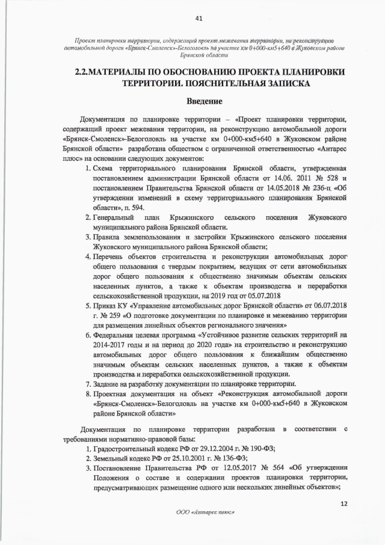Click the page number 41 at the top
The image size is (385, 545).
(x=192, y=18)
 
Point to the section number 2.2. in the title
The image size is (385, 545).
(x=84, y=72)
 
